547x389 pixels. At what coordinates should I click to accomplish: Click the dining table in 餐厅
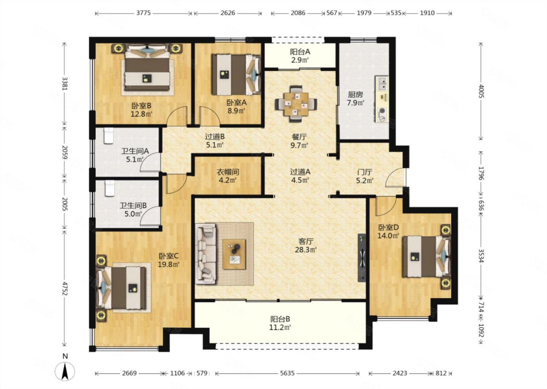296,104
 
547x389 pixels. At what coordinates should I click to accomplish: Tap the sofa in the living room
206,254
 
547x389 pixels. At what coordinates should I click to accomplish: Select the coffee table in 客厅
234,254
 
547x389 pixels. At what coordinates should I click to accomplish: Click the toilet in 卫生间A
109,136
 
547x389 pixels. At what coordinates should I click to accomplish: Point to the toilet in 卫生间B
110,188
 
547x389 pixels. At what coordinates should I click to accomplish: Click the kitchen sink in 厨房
382,83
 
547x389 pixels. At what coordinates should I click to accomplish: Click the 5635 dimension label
287,373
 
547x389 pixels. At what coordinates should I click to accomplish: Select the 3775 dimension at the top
143,13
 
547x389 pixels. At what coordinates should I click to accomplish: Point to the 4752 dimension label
65,288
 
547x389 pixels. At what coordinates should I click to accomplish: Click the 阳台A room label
300,52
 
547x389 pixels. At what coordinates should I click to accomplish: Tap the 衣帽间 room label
228,172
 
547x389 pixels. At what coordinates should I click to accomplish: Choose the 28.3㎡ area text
306,250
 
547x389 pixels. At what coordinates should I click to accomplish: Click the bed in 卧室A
236,75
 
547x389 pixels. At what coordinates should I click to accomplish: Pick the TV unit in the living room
362,258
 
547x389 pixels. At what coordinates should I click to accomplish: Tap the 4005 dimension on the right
481,91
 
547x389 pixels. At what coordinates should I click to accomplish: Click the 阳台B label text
280,319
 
